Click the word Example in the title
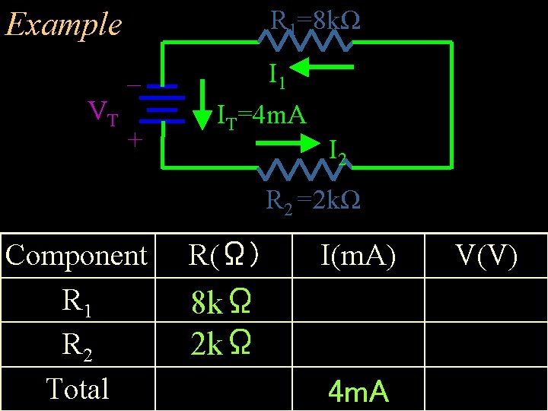tap(63, 24)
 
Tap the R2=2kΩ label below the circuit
tap(313, 200)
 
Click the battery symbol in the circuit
tap(161, 103)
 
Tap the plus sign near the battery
tap(134, 140)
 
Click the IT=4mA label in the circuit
tap(261, 116)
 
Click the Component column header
tap(76, 256)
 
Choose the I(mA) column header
tap(358, 256)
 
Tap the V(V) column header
tap(487, 256)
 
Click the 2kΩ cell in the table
tap(221, 345)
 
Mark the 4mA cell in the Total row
tap(358, 392)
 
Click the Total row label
tap(77, 388)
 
